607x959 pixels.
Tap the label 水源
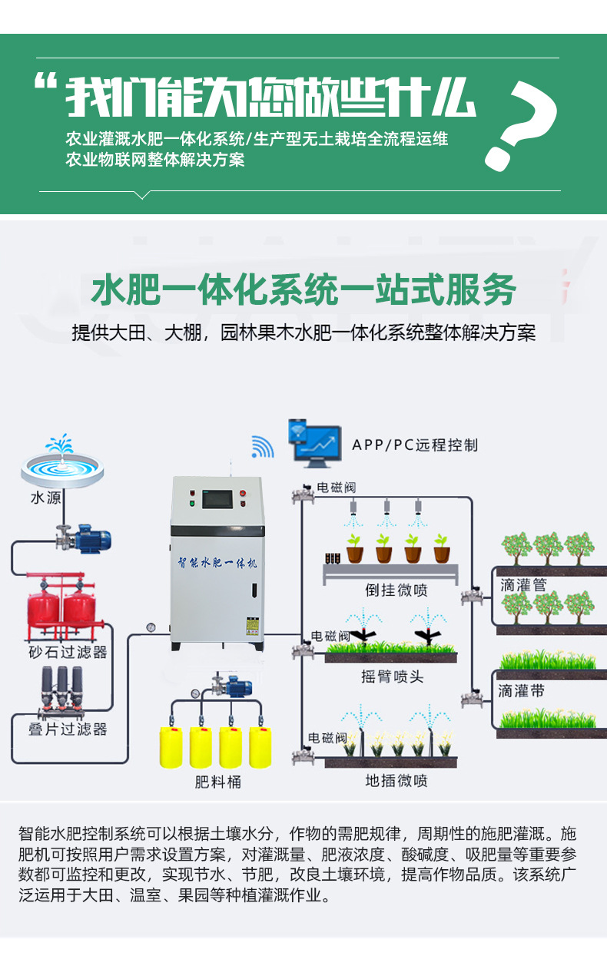pos(46,498)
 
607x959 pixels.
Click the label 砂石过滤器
pos(68,653)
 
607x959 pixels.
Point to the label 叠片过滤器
pos(68,729)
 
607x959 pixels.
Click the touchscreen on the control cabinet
pos(217,500)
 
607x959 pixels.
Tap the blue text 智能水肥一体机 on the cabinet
pos(217,563)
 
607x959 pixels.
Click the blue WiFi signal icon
pos(262,447)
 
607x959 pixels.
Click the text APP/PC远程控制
pos(415,445)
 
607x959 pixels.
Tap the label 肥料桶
pos(217,782)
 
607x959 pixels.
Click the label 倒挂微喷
pos(396,590)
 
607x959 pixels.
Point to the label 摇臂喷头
pos(392,677)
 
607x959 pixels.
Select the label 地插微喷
pos(396,781)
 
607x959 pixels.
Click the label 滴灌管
pos(523,585)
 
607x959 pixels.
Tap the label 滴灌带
pos(521,691)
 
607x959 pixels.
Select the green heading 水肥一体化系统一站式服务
pos(303,289)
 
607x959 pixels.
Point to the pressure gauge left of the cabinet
pos(151,627)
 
